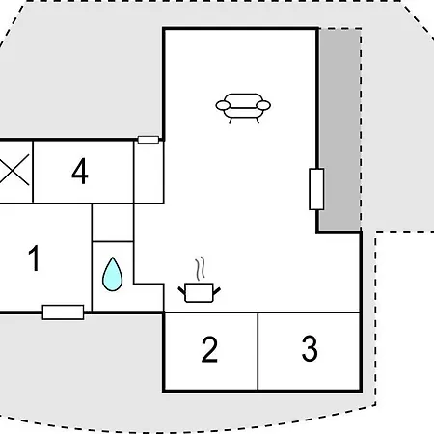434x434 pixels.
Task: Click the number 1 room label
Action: tap(34, 258)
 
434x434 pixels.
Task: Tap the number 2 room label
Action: tap(209, 349)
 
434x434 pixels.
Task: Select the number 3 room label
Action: tap(310, 348)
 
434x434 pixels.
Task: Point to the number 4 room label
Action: tap(80, 171)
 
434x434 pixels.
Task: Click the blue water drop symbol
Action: tap(112, 274)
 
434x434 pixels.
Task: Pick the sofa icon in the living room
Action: tap(243, 108)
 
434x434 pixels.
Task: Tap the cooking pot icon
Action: tap(200, 292)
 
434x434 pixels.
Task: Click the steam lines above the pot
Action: tap(200, 268)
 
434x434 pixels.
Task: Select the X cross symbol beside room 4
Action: tap(14, 170)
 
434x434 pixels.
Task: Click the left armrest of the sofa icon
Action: tap(223, 105)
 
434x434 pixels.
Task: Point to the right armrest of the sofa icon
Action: tap(263, 105)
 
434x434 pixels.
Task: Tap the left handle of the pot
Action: tap(182, 291)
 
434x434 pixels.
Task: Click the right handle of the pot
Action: tap(217, 291)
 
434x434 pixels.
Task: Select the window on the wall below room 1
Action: tap(64, 312)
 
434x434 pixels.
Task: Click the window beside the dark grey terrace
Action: tap(316, 189)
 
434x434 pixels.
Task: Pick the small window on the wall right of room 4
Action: tap(149, 140)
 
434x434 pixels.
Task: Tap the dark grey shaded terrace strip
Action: tap(339, 130)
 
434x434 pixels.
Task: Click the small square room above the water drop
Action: tap(113, 223)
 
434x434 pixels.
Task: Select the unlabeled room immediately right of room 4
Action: tap(149, 172)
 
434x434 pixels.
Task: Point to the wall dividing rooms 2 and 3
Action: tap(258, 351)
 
